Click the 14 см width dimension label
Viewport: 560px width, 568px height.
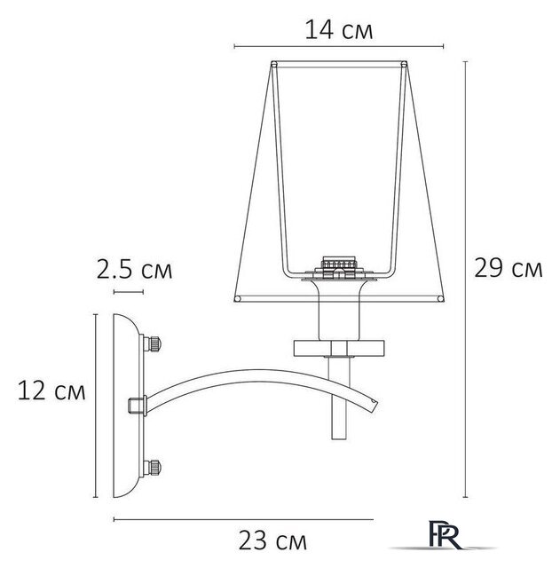click(x=338, y=29)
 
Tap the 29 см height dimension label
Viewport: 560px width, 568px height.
click(x=508, y=269)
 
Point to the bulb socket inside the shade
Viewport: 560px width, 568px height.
click(x=338, y=264)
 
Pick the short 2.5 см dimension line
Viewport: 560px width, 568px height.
click(x=128, y=289)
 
